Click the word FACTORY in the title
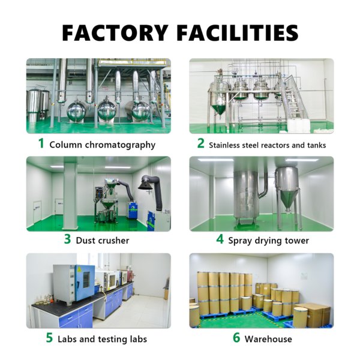point(115,32)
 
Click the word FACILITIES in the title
point(238,32)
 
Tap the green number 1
point(41,143)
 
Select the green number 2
point(200,143)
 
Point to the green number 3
point(67,239)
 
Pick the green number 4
point(220,239)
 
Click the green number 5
point(49,338)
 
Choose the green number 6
point(236,338)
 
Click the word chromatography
point(120,145)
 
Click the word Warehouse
point(268,339)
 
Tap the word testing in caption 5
point(113,340)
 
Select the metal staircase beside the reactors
point(295,99)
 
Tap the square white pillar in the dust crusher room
point(70,193)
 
